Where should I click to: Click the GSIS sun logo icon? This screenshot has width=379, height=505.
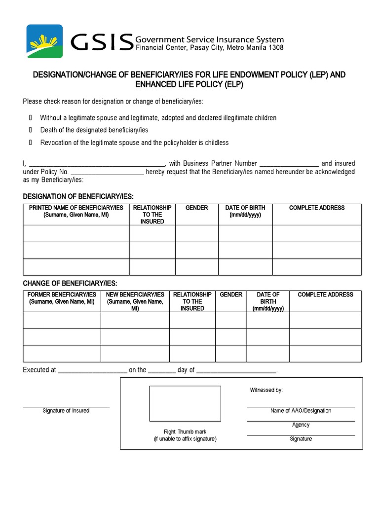(44, 41)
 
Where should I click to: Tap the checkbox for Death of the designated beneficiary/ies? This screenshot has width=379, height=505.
(30, 130)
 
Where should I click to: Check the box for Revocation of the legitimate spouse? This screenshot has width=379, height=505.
(30, 143)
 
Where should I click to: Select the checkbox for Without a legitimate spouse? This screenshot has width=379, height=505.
(30, 118)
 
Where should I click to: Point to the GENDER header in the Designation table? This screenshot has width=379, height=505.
(196, 208)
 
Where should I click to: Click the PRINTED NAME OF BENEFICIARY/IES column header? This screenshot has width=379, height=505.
(76, 211)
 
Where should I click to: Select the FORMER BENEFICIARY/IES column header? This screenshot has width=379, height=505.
(62, 298)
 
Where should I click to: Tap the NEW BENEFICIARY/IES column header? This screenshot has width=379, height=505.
(135, 301)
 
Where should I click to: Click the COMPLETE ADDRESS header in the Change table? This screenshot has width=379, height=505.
(325, 294)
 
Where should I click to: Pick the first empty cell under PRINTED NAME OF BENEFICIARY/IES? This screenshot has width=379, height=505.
(76, 233)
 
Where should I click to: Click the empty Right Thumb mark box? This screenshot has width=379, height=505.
(185, 403)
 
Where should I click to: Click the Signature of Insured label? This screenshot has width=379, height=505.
(66, 411)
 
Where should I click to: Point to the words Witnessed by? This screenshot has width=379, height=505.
(266, 390)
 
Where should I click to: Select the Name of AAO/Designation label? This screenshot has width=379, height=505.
(301, 411)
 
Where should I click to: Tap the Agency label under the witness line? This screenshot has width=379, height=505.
(301, 425)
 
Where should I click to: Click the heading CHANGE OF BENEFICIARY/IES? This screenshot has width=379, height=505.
(70, 283)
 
